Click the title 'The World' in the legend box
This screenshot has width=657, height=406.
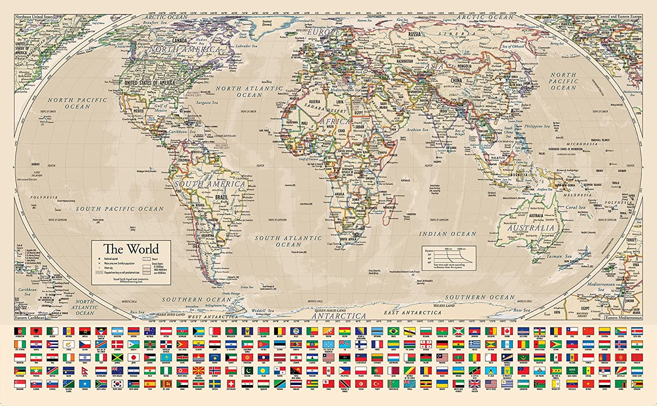[131, 249]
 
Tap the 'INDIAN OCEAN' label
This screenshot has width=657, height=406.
[447, 234]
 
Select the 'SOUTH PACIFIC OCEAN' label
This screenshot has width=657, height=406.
[120, 209]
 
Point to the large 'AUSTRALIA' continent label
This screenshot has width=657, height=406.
[531, 228]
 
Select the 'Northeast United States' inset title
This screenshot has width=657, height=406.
[34, 17]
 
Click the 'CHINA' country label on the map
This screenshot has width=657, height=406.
[456, 81]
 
